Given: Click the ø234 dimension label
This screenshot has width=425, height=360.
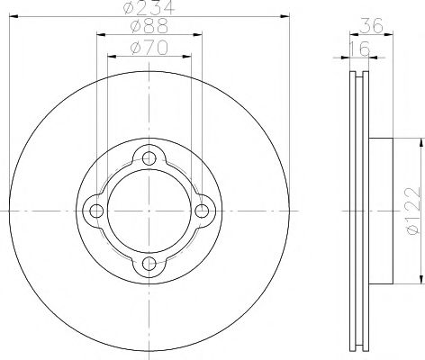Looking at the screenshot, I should coord(149,8).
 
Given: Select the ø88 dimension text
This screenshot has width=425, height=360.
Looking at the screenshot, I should coord(149,28).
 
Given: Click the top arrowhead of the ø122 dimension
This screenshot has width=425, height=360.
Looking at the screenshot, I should coord(420,140).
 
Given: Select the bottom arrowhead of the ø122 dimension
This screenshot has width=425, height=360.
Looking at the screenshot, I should coord(420,281).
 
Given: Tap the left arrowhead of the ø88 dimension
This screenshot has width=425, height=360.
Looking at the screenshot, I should coord(97,35).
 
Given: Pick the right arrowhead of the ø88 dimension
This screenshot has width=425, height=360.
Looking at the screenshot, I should coord(200,35).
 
